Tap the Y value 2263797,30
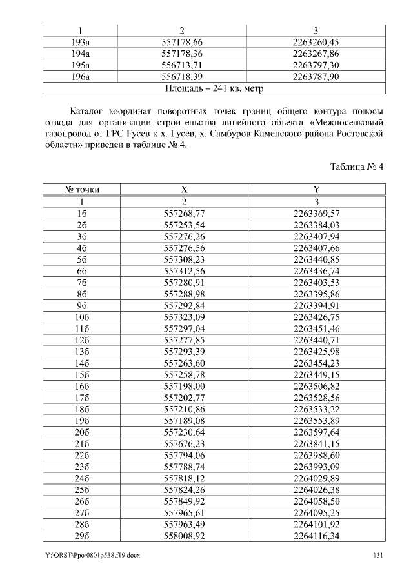click(x=316, y=66)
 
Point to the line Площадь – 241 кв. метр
click(x=214, y=88)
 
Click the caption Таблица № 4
click(x=357, y=166)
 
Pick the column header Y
click(x=316, y=190)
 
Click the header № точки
click(x=82, y=190)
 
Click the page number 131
click(x=379, y=556)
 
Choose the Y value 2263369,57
click(x=316, y=213)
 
